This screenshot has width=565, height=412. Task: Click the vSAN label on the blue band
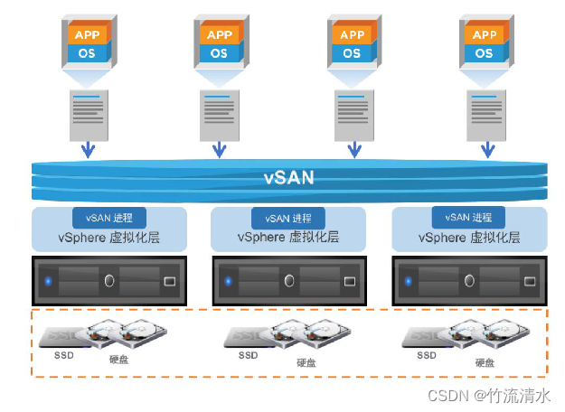tap(289, 178)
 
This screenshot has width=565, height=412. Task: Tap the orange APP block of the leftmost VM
tap(88, 35)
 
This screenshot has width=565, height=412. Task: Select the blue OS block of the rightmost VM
tap(485, 53)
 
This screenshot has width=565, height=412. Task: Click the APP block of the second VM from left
tap(220, 35)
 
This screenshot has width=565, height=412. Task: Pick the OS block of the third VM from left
tap(352, 53)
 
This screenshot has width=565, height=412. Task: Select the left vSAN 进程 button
tap(108, 218)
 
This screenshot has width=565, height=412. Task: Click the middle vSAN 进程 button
tap(287, 218)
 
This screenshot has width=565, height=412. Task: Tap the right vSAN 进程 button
tap(468, 218)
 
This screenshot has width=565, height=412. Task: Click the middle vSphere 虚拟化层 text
tap(287, 238)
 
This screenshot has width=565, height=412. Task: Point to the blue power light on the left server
tap(49, 281)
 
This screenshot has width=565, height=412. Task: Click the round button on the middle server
tap(288, 281)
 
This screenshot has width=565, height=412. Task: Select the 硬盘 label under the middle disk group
tap(306, 362)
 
